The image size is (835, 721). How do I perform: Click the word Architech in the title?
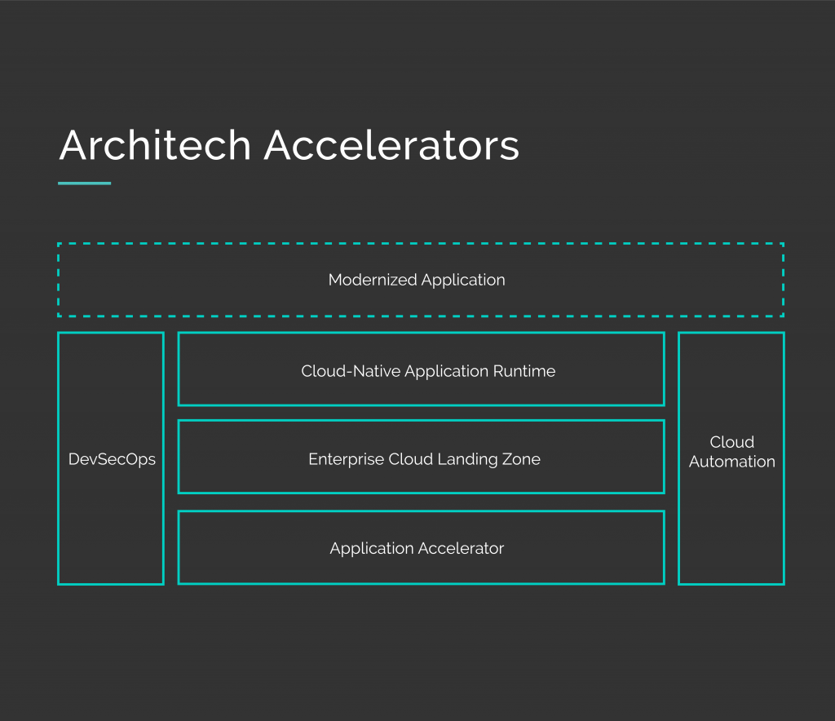click(155, 147)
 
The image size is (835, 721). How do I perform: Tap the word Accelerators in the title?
click(391, 147)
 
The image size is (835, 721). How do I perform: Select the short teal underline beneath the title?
click(84, 184)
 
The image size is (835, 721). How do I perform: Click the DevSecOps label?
click(112, 459)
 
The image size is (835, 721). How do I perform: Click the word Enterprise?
click(345, 459)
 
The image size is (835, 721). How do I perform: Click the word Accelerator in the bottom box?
click(462, 548)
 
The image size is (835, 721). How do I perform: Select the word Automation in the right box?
click(731, 462)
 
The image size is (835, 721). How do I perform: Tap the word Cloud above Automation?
click(731, 442)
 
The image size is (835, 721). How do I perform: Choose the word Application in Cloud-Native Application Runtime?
click(447, 372)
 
